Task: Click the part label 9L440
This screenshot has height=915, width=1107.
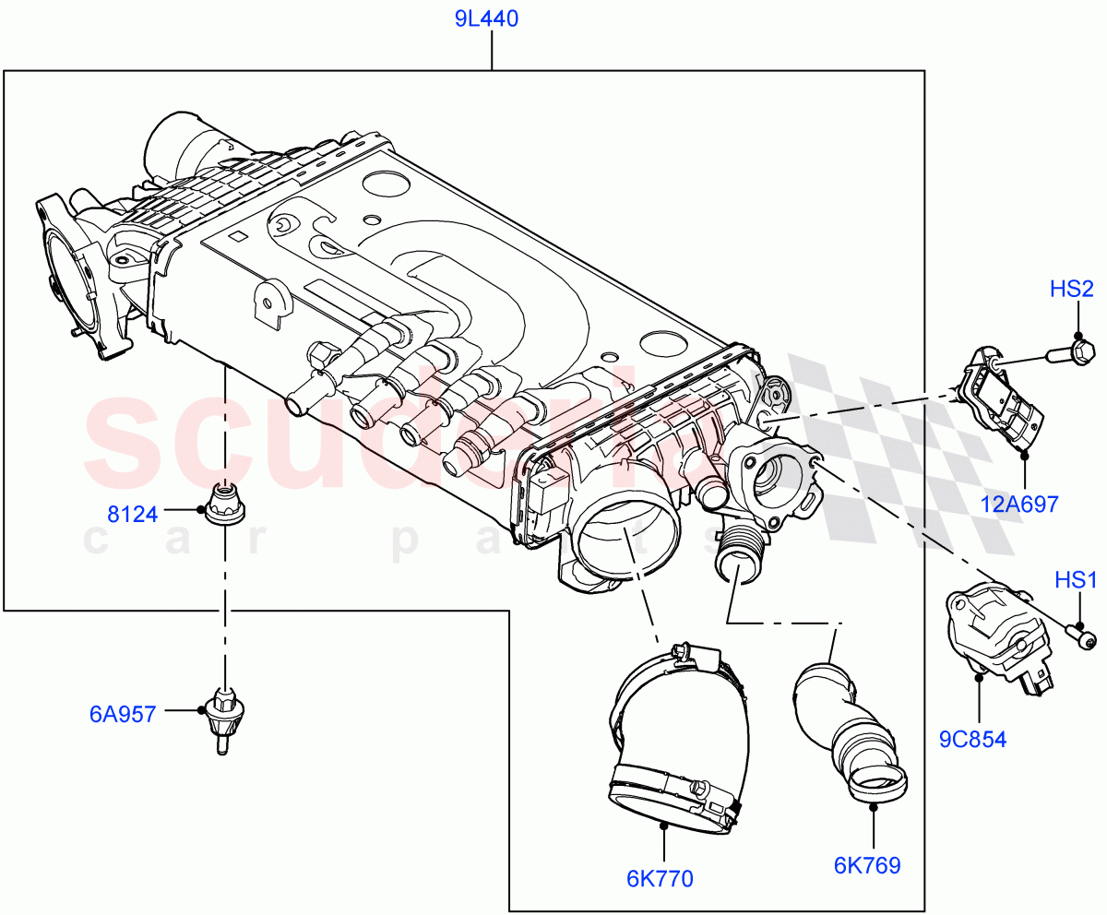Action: pos(492,18)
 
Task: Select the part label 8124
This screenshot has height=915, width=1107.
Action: pos(132,515)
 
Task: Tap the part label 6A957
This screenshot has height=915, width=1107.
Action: pos(123,712)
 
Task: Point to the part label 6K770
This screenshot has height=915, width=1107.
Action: pos(660,879)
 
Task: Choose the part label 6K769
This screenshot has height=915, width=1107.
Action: pos(866,865)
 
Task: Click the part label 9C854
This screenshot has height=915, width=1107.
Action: pos(973,739)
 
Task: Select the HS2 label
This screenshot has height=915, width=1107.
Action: pos(1071,290)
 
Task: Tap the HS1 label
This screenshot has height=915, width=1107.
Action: pos(1077,580)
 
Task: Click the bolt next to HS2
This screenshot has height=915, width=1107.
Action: pos(1070,351)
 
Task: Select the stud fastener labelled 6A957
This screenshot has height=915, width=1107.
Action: pos(224,718)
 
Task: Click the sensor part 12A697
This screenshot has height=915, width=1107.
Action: pos(1001,401)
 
